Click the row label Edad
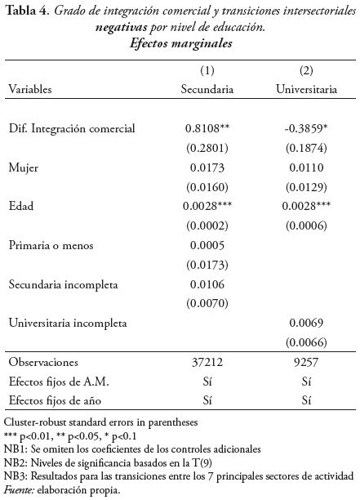tap(21, 208)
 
